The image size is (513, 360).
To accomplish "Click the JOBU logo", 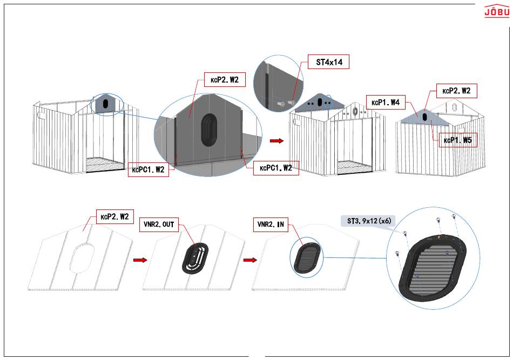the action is coord(497,11).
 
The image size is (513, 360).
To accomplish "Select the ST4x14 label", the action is coord(328,62).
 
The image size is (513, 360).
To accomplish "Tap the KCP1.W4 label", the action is coord(386,103).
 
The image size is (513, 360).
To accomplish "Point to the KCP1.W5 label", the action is coord(458,140).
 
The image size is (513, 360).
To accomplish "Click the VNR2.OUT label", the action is coord(159,225).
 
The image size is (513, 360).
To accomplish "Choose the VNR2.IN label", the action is coord(271,225).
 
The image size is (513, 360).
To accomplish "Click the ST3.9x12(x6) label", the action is coord(369,221).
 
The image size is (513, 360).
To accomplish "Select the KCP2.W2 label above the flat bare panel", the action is coord(115,216).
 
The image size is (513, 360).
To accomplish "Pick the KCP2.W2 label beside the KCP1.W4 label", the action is coord(456,91).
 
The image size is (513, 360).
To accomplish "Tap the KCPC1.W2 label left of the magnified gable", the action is coord(148,169).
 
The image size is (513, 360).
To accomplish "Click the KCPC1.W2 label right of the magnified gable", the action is coord(276,168).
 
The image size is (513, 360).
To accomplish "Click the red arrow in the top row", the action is coord(276,140).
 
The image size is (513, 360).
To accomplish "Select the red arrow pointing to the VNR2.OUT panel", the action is coord(140,260).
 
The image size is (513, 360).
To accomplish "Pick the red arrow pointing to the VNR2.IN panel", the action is coord(250,260).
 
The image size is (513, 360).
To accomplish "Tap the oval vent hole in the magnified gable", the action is coord(208,130).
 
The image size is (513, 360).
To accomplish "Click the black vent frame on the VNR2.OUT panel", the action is coord(195,259).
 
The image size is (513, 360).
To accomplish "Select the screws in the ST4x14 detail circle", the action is coord(286,103).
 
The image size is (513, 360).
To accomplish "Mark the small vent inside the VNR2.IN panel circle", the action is coord(307,257).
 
